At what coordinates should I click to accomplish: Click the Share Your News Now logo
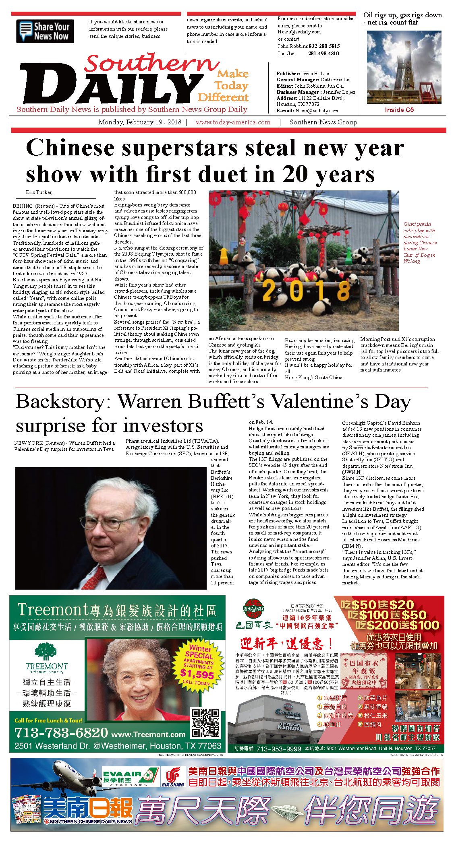click(x=45, y=31)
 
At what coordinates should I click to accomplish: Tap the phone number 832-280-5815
click(x=324, y=46)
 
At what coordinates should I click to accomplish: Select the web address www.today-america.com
click(x=233, y=122)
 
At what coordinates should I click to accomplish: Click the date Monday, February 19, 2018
click(x=140, y=122)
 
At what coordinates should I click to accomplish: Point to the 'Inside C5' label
click(x=399, y=110)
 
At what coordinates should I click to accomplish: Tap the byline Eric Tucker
click(x=39, y=192)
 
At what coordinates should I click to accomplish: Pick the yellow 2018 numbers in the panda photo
click(x=306, y=290)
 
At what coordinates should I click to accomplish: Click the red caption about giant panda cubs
click(x=419, y=242)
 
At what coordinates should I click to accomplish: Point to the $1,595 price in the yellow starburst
click(x=197, y=674)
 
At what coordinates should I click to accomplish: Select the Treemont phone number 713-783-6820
click(x=61, y=733)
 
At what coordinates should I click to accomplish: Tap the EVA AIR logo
click(x=130, y=777)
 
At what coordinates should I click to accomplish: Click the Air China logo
click(x=173, y=777)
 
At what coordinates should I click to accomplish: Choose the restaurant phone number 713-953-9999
click(x=278, y=749)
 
